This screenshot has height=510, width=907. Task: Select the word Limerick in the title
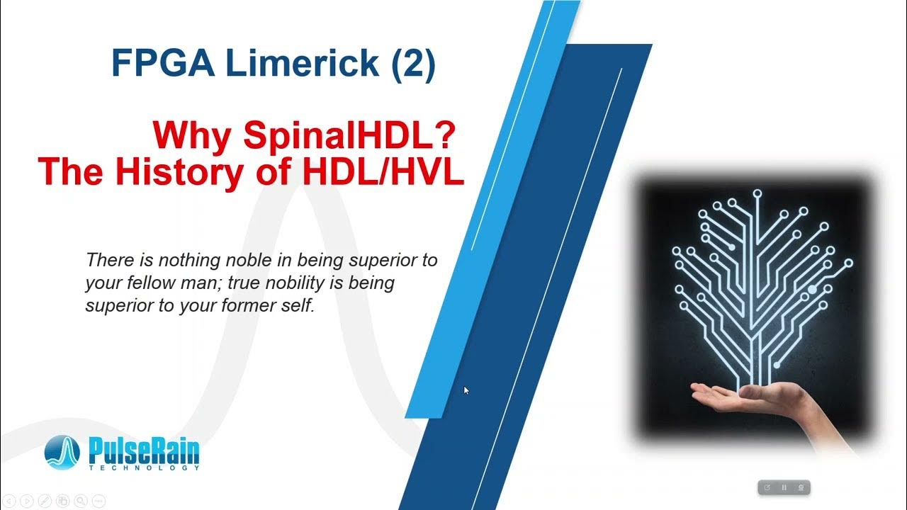[x=303, y=63]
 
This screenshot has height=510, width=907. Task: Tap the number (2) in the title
[x=412, y=63]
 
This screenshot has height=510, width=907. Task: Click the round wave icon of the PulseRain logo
[x=65, y=453]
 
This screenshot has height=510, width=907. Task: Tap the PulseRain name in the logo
[x=144, y=450]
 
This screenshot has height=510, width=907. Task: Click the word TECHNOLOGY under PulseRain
[x=144, y=468]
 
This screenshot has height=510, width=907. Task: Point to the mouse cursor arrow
[x=466, y=390]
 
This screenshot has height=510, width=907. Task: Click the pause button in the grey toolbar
[x=784, y=487]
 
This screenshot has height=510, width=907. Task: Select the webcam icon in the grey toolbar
[x=801, y=487]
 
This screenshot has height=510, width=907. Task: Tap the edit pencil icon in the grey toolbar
[x=767, y=487]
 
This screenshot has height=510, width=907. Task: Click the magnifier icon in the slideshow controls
[x=80, y=501]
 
